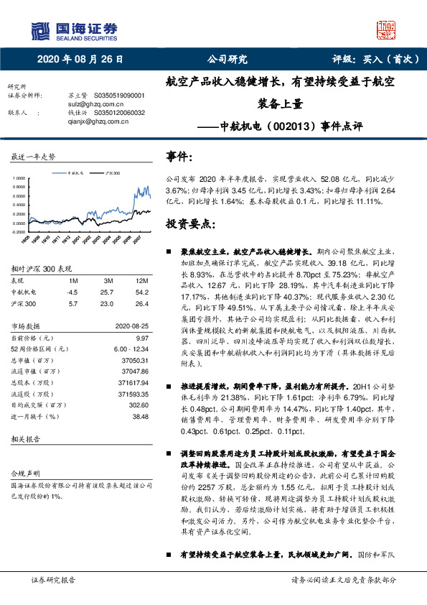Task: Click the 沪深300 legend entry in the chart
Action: (x=111, y=173)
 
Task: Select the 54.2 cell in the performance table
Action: (x=141, y=292)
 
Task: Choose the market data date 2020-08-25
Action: (x=131, y=326)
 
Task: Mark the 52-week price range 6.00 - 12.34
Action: (x=130, y=348)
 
